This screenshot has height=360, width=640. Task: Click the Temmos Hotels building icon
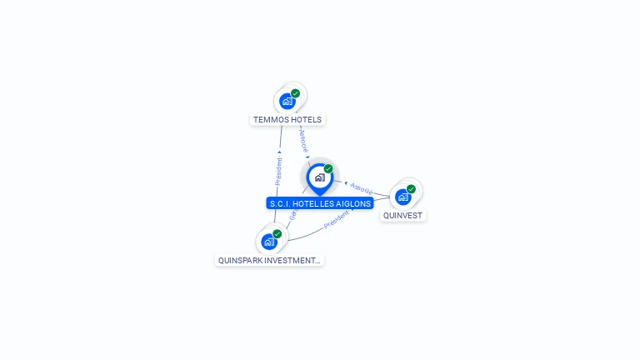(287, 102)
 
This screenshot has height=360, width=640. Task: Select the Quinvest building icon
(403, 197)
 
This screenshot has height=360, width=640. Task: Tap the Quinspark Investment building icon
(269, 242)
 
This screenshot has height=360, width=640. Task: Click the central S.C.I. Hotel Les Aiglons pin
(319, 177)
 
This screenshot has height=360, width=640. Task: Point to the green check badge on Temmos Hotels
(296, 93)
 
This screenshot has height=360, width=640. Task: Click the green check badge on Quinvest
(411, 189)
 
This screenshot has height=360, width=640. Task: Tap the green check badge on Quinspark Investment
(277, 233)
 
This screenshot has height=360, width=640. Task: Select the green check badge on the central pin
(328, 168)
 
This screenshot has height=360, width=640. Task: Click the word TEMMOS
(271, 120)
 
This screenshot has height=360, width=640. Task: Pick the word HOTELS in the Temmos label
(305, 120)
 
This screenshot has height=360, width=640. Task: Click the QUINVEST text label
(402, 216)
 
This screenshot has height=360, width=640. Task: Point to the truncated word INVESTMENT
(293, 261)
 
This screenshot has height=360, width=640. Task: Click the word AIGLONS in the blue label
(354, 203)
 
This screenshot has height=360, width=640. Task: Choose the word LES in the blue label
(327, 203)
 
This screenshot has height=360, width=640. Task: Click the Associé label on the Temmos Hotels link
(303, 138)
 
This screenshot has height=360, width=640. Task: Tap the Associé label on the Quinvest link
(362, 188)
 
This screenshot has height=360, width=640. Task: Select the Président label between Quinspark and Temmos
(279, 172)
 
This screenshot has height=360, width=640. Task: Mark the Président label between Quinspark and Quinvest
(337, 220)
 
